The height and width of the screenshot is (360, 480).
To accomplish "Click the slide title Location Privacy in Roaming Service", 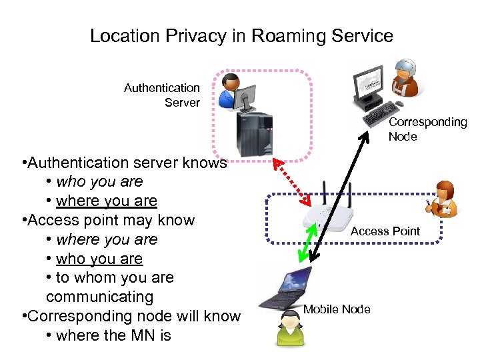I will [241, 35].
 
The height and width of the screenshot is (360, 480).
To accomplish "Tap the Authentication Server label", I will [162, 95].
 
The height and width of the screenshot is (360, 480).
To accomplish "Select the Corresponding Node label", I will [427, 129].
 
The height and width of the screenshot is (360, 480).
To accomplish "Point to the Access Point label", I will [385, 231].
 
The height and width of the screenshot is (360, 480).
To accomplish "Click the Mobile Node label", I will [337, 309].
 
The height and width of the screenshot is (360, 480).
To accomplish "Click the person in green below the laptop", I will [292, 328].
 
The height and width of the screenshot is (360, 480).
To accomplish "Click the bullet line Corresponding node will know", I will [131, 315].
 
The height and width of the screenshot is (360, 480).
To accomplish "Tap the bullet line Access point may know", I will [107, 220].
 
